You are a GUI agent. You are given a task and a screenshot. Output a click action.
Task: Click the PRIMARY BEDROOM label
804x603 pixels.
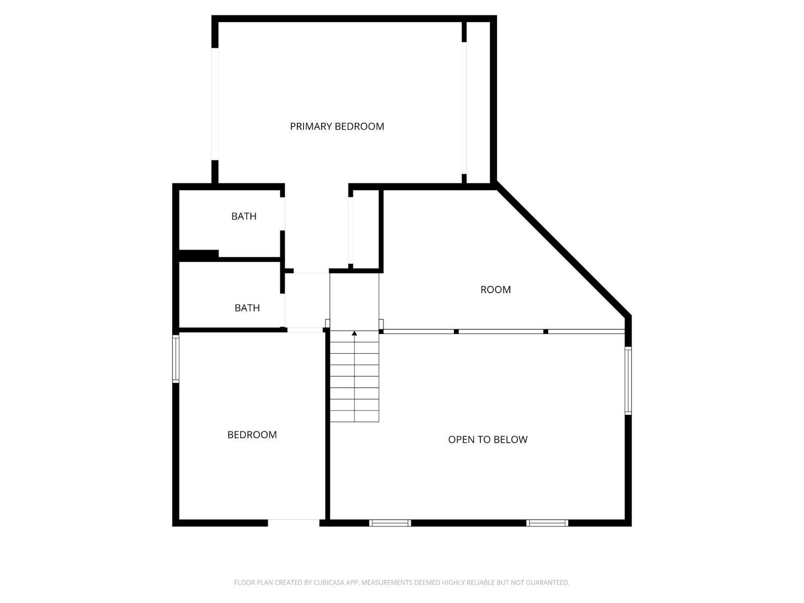click(x=337, y=126)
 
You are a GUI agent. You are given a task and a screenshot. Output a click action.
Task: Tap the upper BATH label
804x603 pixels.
click(x=243, y=217)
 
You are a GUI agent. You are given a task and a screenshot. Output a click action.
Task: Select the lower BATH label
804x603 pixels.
click(x=247, y=308)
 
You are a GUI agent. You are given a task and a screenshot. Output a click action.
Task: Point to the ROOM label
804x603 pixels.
click(x=495, y=289)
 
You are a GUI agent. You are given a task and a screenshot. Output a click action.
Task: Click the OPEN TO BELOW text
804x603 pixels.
click(x=488, y=440)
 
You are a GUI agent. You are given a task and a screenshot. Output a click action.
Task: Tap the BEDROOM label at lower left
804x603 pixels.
click(x=252, y=435)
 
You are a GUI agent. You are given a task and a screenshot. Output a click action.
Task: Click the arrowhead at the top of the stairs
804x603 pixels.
click(x=354, y=333)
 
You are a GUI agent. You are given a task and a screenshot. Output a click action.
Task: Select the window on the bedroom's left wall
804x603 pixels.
click(x=176, y=359)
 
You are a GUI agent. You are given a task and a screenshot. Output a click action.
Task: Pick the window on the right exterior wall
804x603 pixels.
click(x=628, y=381)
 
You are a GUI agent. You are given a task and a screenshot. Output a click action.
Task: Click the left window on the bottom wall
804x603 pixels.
click(x=390, y=523)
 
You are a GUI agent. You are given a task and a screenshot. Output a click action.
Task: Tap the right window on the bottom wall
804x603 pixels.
click(x=547, y=523)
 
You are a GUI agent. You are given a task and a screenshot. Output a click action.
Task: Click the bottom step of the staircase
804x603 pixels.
click(x=354, y=416)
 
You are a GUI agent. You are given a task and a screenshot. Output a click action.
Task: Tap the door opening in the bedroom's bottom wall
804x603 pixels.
click(x=293, y=523)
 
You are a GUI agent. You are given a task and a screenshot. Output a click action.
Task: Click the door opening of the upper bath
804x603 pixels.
click(x=282, y=214)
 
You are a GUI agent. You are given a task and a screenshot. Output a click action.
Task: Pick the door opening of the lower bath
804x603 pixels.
click(x=282, y=310)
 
